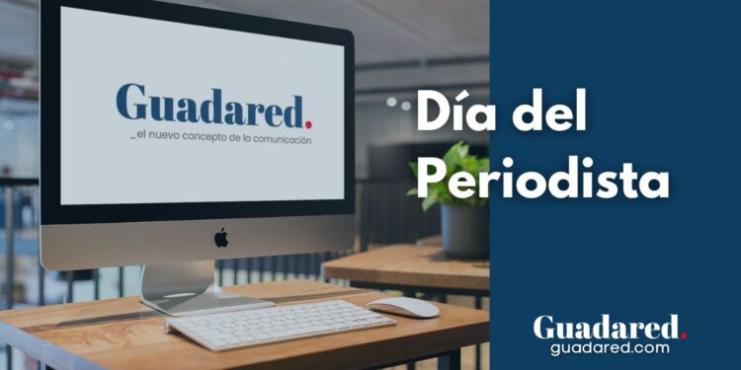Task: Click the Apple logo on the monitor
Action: pyautogui.click(x=221, y=237)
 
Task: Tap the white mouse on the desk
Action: pyautogui.click(x=403, y=307)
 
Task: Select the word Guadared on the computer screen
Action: pyautogui.click(x=209, y=107)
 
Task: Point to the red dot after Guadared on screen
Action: pyautogui.click(x=309, y=122)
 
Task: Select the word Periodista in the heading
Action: pyautogui.click(x=541, y=179)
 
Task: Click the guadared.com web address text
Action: pyautogui.click(x=609, y=347)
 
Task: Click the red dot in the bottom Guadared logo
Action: pyautogui.click(x=683, y=335)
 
